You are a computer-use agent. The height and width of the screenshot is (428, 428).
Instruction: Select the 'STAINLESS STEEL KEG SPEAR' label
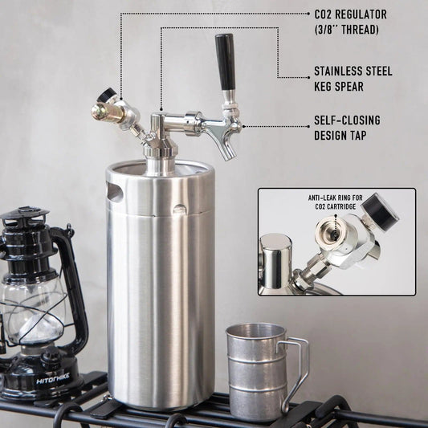pyautogui.click(x=353, y=79)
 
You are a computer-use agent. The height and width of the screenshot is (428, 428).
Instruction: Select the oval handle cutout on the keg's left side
pyautogui.click(x=115, y=192)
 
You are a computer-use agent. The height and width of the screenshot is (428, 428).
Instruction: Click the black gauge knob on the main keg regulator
pyautogui.click(x=106, y=96)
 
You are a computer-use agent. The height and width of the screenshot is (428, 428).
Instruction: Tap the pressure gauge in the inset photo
pyautogui.click(x=380, y=212)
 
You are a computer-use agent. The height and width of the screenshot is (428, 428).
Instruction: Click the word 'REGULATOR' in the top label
pyautogui.click(x=362, y=14)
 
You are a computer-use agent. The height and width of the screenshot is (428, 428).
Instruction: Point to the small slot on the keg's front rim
pyautogui.click(x=180, y=210)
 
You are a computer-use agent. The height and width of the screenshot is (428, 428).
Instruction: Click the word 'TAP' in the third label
pyautogui.click(x=358, y=136)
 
